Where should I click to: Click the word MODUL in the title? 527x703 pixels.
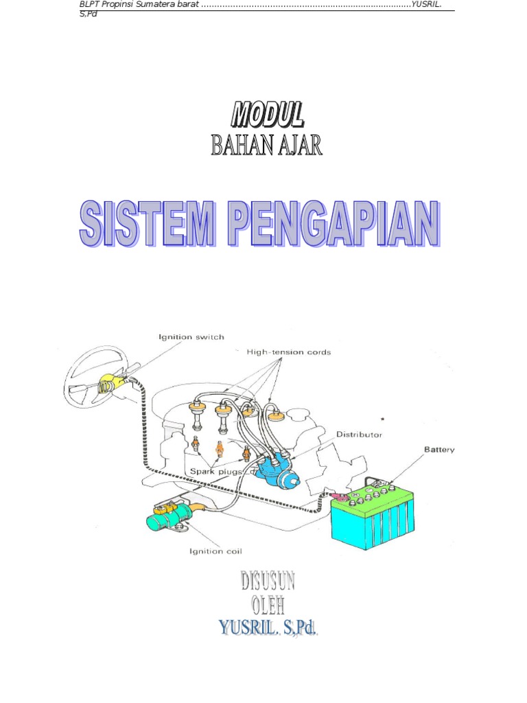267,115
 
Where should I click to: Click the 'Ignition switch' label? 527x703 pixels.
191,337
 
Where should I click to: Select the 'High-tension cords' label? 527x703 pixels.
288,352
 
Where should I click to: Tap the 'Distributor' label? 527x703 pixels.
359,435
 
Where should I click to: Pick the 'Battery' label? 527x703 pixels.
438,450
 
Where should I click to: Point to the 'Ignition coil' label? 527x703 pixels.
215,551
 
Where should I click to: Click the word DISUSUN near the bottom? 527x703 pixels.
268,582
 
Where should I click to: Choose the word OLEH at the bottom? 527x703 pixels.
268,605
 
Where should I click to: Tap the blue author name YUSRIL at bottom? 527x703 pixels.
246,627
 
